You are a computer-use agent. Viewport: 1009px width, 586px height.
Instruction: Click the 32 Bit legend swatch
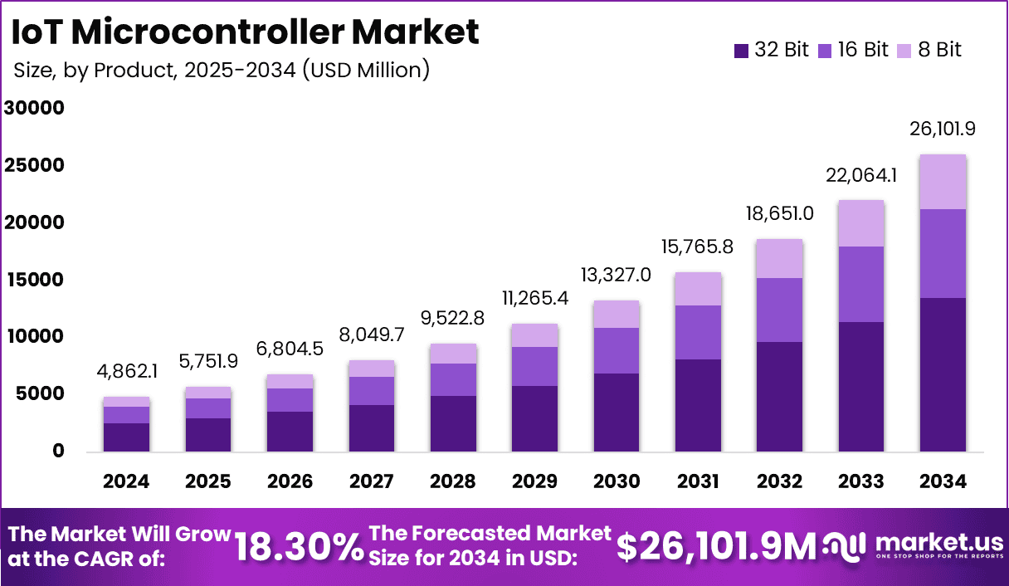742,51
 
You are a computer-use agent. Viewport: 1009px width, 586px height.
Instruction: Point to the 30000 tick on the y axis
34,108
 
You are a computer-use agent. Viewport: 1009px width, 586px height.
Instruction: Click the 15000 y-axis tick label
34,280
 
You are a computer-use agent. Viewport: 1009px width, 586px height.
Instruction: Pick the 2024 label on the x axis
126,481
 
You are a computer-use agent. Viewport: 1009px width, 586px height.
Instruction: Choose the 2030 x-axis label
617,481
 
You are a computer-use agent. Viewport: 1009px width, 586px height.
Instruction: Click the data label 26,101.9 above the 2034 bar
943,129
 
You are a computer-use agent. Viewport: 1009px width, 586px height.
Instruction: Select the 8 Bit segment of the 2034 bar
943,182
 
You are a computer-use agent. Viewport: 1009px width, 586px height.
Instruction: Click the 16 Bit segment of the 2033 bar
861,284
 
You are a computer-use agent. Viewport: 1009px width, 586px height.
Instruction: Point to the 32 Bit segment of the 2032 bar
780,396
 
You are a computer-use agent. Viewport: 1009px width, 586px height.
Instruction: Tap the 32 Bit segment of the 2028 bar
453,423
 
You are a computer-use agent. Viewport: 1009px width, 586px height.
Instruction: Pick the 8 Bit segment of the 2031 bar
698,289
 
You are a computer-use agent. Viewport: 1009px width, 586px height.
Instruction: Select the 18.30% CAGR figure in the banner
298,547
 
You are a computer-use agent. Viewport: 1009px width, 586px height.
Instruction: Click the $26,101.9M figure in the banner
717,546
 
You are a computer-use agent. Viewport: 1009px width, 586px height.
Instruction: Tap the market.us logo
913,546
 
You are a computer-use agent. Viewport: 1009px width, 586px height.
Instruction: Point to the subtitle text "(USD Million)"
365,71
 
